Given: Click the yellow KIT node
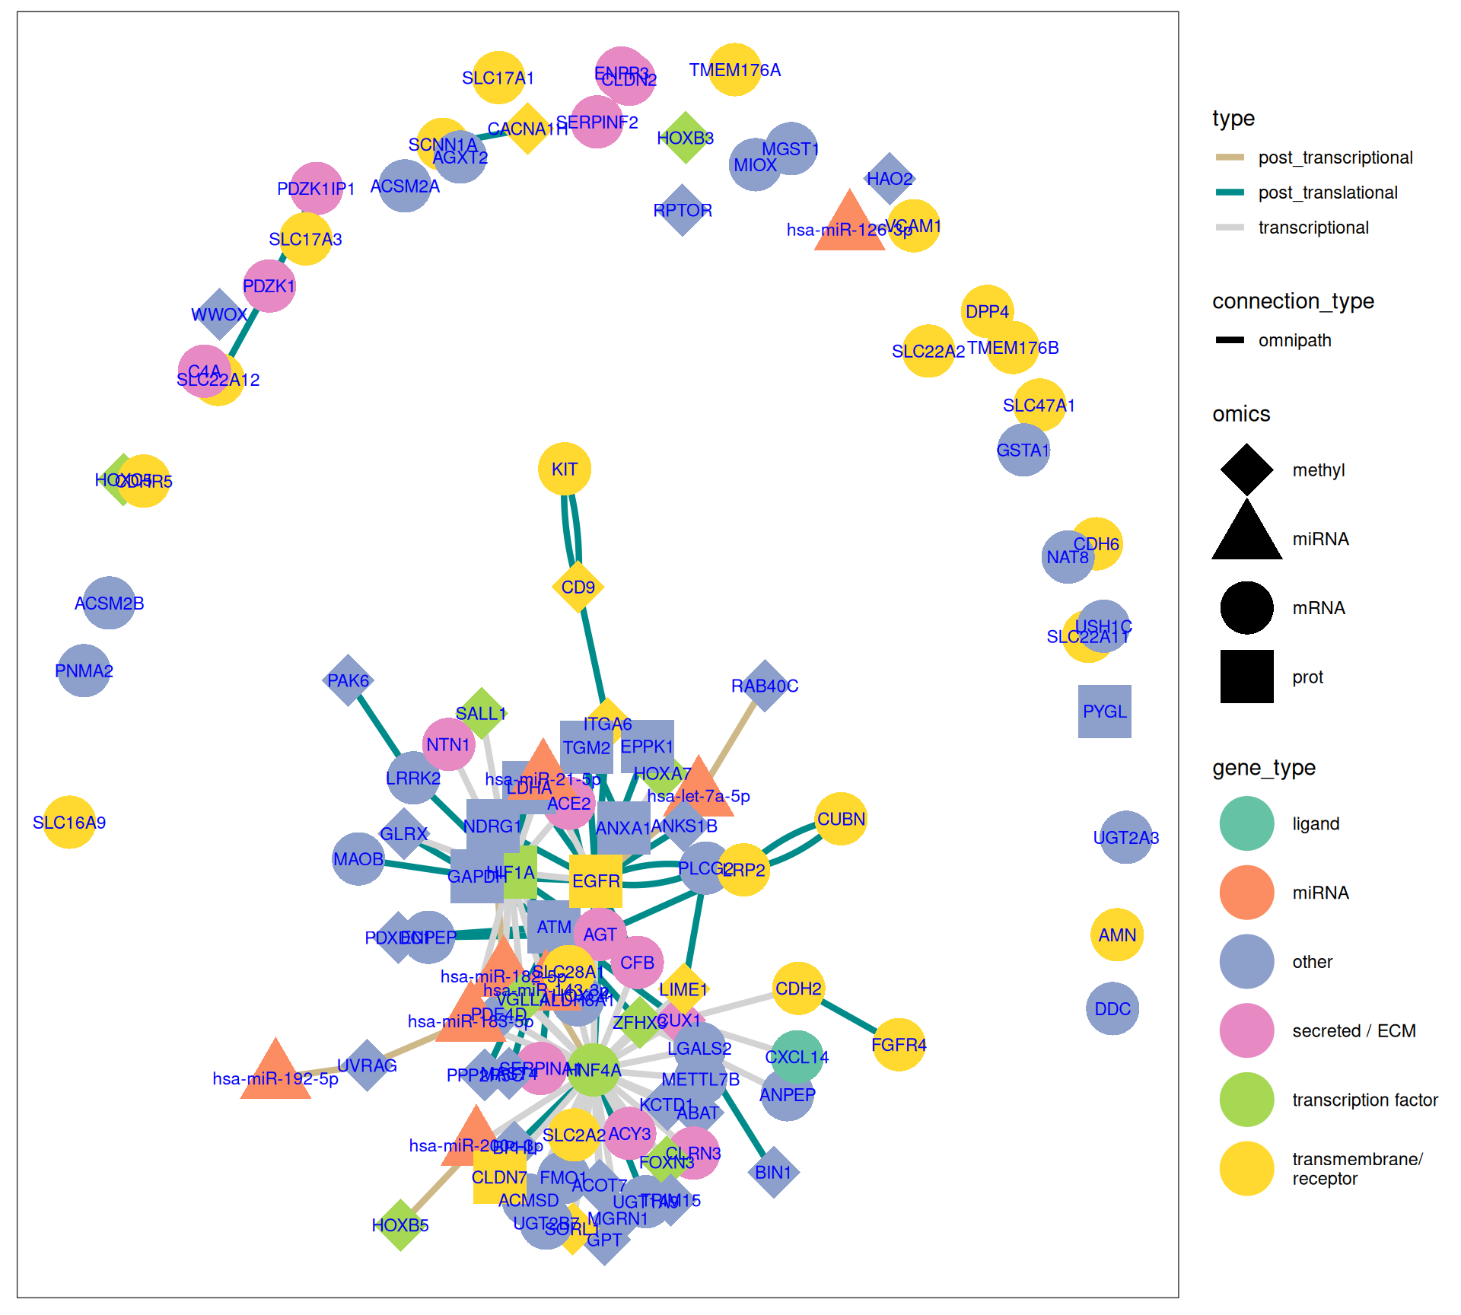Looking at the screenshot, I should tap(564, 469).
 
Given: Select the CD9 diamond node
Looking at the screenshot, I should tap(578, 587).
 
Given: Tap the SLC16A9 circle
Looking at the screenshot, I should tap(69, 822).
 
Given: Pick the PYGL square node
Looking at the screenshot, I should tap(1104, 712).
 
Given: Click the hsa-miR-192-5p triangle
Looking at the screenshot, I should tap(275, 1071).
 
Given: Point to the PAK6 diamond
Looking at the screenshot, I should tap(348, 680).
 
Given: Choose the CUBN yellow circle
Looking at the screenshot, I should tap(841, 819).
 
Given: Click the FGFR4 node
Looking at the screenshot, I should tap(899, 1045).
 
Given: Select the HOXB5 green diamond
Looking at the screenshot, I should tap(400, 1225).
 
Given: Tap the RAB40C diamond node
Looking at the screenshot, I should tap(765, 686).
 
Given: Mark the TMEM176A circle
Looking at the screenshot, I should tap(734, 70).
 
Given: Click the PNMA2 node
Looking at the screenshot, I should tap(84, 670).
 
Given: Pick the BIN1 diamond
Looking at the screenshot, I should tap(773, 1172).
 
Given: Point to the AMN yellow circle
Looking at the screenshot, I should tap(1117, 935).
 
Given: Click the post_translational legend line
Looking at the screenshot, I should tap(1230, 193).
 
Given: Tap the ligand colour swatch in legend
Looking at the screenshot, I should tap(1246, 823).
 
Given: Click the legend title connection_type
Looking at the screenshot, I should tap(1293, 301).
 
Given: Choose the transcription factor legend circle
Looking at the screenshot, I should tap(1246, 1100).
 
